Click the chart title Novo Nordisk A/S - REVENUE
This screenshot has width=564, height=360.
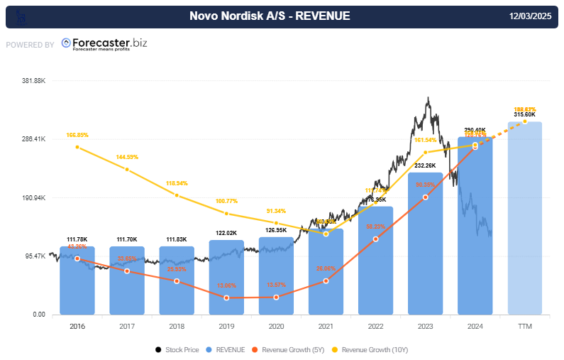coord(270,16)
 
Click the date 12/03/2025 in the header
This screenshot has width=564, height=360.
coord(531,16)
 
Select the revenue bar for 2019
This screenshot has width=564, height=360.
coord(226,277)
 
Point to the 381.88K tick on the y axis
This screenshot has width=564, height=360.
coord(34,81)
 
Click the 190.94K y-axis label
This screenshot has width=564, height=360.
coord(34,198)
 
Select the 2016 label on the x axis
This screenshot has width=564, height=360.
coord(77,326)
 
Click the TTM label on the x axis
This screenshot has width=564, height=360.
coord(525,326)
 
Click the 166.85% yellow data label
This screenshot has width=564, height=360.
coord(77,135)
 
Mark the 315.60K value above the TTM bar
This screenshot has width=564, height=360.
coord(525,114)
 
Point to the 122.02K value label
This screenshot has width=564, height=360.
coord(226,232)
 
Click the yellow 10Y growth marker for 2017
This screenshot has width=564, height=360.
coord(127,169)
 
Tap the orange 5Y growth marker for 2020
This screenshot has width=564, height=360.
coord(276,297)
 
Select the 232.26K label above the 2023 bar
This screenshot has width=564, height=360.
coord(425,165)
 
